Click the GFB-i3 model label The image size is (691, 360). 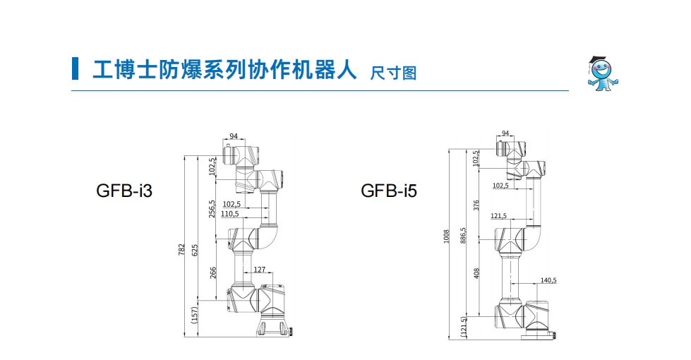coord(124,191)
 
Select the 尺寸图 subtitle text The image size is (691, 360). coord(393,72)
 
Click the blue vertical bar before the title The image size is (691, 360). coord(75,68)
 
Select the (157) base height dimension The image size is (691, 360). coord(196,315)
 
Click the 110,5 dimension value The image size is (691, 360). coord(230,213)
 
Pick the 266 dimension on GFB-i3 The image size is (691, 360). coord(212,272)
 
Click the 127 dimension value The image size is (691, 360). coord(259,269)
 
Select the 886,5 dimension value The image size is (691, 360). coord(463,235)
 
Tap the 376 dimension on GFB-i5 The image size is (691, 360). coord(476,205)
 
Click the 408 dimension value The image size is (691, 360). coord(476,272)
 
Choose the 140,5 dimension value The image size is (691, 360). coord(548,280)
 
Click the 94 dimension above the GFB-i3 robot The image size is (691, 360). coord(234,136)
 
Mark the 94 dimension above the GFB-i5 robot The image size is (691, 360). coord(505,133)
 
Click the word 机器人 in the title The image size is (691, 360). coord(332,69)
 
